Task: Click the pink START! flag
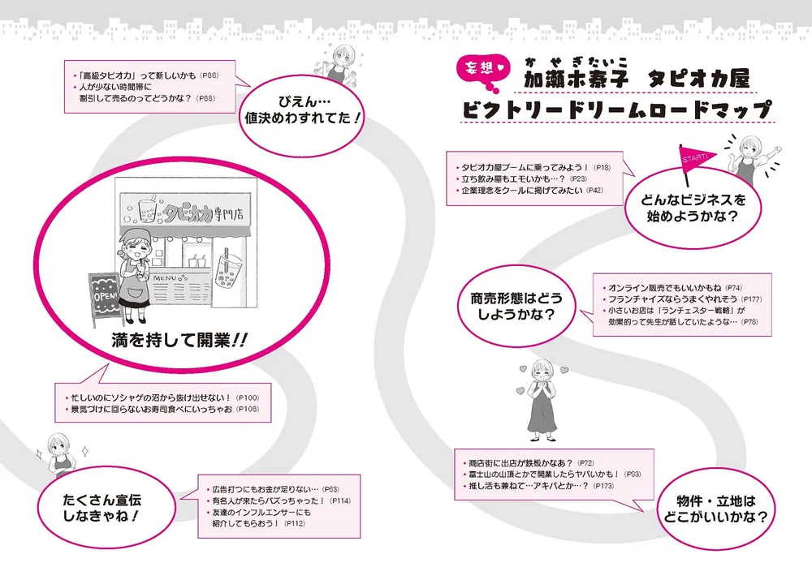click(x=696, y=159)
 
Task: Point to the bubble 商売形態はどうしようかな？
click(x=516, y=306)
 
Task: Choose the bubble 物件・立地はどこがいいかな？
click(x=715, y=509)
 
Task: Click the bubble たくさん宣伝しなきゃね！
click(x=101, y=508)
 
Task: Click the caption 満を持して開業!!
click(x=179, y=341)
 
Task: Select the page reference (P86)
click(x=209, y=75)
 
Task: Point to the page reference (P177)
click(x=751, y=299)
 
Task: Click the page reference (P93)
click(x=632, y=475)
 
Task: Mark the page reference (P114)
click(x=339, y=501)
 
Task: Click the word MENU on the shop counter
click(x=165, y=278)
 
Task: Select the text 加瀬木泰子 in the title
click(x=577, y=78)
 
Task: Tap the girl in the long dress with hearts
click(x=542, y=401)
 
